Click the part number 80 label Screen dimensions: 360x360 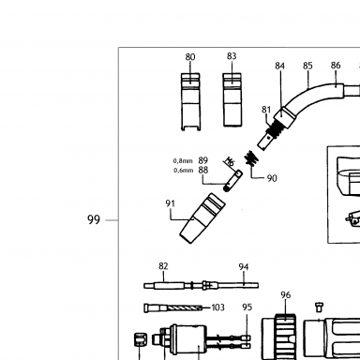tap(190, 57)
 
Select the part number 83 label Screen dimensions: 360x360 tap(232, 56)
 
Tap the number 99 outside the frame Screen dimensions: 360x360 tap(94, 220)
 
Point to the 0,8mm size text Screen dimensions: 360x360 tap(183, 161)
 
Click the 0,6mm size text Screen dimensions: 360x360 tap(183, 171)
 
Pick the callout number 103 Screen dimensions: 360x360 tap(217, 307)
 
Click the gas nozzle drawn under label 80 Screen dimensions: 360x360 tap(190, 102)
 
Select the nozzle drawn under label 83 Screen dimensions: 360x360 tap(232, 100)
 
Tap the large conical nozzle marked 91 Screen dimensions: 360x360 tap(202, 218)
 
